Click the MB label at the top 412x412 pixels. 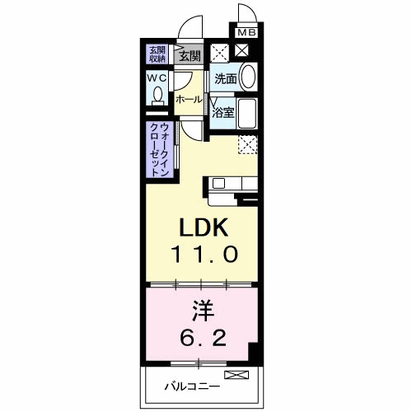click(247, 32)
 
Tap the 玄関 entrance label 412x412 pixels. click(190, 56)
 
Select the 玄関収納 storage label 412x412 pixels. click(157, 54)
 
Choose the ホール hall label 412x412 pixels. click(189, 100)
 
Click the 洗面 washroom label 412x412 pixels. click(226, 79)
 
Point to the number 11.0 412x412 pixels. click(205, 255)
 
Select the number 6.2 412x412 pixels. click(205, 338)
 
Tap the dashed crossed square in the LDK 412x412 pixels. click(249, 145)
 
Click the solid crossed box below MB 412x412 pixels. click(244, 51)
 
